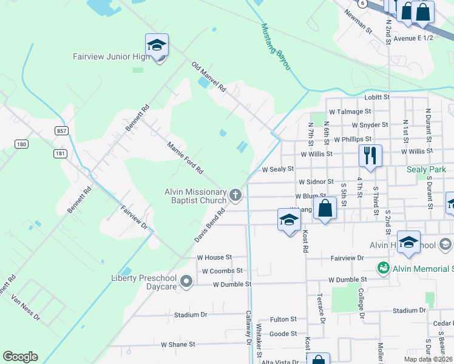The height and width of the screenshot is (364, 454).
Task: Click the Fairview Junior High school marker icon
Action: click(x=157, y=45)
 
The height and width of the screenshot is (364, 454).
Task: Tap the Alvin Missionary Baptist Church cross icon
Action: click(x=235, y=195)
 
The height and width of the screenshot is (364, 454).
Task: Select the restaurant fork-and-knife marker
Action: click(x=370, y=156)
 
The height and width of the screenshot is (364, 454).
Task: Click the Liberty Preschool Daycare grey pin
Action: click(x=186, y=281)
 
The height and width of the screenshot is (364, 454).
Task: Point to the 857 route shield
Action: click(x=60, y=130)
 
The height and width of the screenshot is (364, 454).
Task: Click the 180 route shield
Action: click(x=22, y=144)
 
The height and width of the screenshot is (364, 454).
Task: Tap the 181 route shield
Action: click(x=59, y=153)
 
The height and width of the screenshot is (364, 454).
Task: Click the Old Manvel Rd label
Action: click(x=208, y=76)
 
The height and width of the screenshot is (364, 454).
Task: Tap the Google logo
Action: click(x=20, y=357)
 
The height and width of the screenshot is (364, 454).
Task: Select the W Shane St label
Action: click(x=178, y=344)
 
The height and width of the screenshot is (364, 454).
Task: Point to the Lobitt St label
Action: click(x=377, y=97)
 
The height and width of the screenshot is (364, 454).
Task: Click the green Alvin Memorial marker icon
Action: click(x=383, y=267)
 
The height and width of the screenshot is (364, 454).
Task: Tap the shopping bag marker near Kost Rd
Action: click(x=326, y=208)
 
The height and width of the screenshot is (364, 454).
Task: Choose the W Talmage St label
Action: click(x=350, y=112)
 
